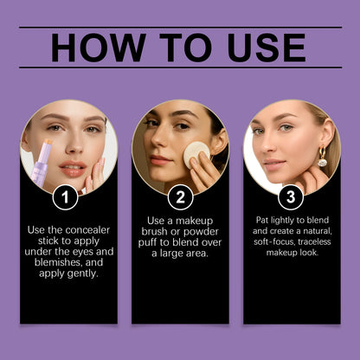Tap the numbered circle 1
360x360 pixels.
point(65,197)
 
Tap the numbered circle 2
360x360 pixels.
point(179,197)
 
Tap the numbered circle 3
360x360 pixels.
point(291,197)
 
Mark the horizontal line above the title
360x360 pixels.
point(180,28)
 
